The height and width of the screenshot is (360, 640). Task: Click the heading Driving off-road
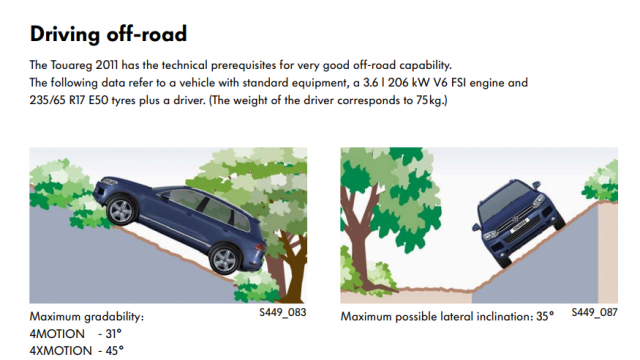(x=108, y=34)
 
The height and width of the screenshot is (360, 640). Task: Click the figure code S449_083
(x=282, y=312)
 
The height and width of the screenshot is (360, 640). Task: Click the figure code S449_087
(x=594, y=312)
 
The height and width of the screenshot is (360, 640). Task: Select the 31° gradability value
(x=113, y=334)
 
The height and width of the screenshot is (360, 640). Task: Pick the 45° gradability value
(x=114, y=351)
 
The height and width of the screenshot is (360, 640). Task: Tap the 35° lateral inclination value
(x=545, y=316)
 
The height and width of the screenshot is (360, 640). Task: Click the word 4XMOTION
(x=61, y=351)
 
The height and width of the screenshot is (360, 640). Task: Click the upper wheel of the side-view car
(x=121, y=211)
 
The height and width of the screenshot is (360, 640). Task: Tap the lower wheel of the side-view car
(x=224, y=259)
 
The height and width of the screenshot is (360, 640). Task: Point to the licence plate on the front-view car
(x=520, y=225)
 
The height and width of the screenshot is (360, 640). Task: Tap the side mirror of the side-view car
(x=164, y=195)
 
